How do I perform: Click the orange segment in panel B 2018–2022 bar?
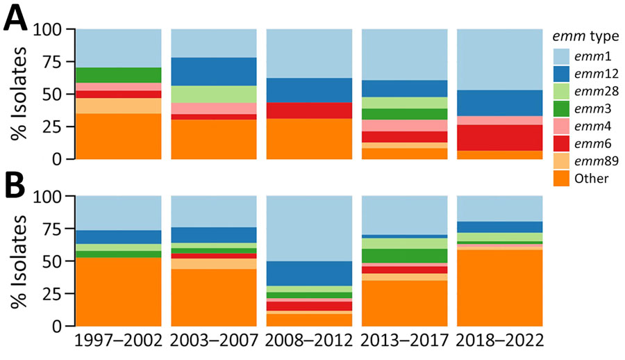pyautogui.click(x=499, y=288)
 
